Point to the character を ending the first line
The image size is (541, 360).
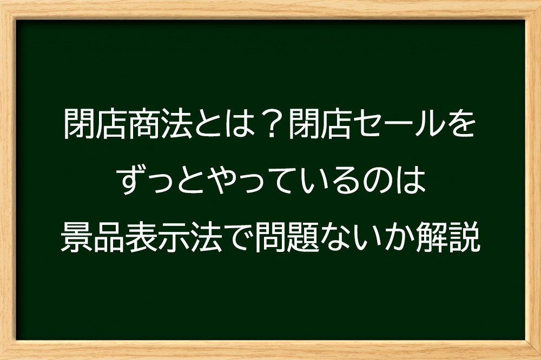[x=460, y=123]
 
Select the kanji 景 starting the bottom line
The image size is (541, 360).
[x=77, y=237]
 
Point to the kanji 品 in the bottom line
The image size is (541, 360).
[x=108, y=237]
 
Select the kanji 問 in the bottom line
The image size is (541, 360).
[x=268, y=237]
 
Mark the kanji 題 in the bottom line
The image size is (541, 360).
[x=300, y=237]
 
